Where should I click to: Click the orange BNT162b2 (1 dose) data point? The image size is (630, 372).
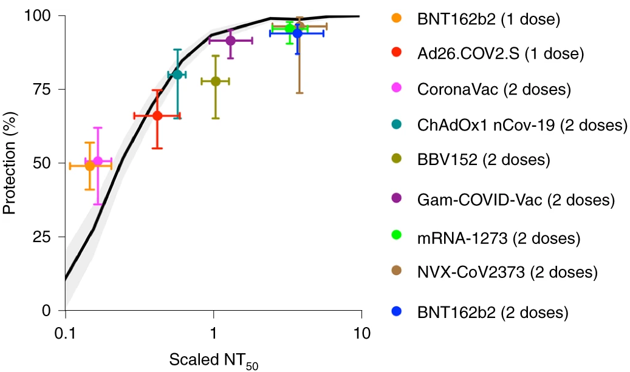coord(90,166)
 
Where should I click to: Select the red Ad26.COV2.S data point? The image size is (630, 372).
coord(157,115)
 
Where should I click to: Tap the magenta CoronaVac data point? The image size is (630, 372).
coord(98,161)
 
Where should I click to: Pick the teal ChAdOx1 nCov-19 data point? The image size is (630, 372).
coord(177,75)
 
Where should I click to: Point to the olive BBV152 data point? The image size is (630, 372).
coord(215,81)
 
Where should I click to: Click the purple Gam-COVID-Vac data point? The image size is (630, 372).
coord(230,41)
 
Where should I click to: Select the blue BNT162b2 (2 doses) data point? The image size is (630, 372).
coord(297,33)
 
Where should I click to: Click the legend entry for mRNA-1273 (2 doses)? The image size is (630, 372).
coord(499,237)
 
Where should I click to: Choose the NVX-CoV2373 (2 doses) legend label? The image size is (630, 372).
coord(507,272)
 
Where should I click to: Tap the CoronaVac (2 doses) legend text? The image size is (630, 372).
coord(494,89)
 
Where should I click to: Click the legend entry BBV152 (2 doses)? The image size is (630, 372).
coord(484,160)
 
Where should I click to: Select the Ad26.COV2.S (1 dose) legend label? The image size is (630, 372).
coord(500,53)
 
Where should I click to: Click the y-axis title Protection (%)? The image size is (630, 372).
coord(9,163)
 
